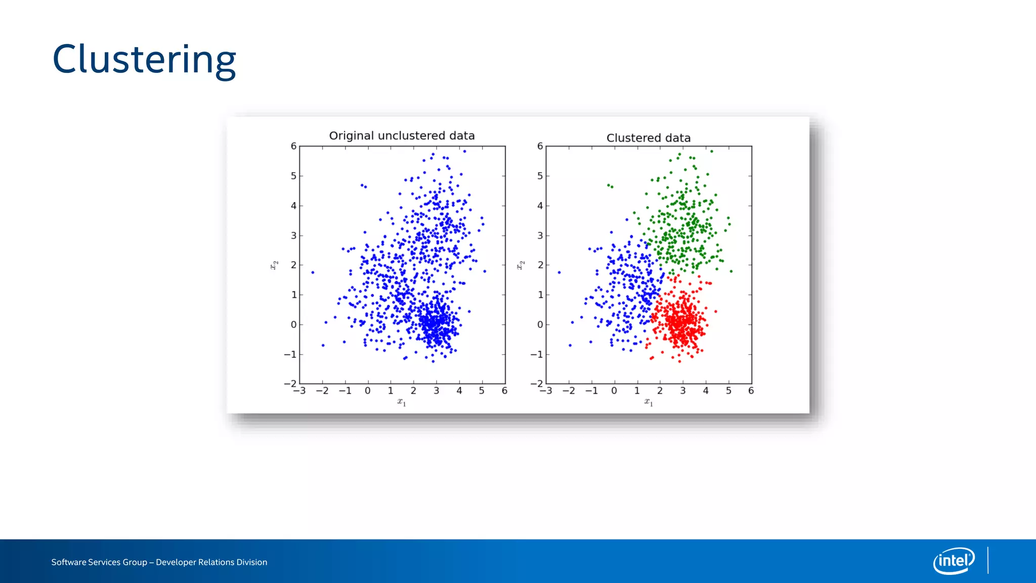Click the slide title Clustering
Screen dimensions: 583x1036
(x=144, y=60)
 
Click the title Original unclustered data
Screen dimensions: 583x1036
(x=402, y=136)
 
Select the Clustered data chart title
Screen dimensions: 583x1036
(x=648, y=138)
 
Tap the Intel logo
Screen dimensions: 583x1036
(x=954, y=561)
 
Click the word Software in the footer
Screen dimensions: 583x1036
(x=68, y=562)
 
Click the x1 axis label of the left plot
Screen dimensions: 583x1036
(x=402, y=402)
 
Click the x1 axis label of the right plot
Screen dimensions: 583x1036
(x=649, y=402)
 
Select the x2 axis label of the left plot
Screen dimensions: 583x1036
(x=274, y=265)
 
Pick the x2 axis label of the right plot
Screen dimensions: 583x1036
(x=521, y=265)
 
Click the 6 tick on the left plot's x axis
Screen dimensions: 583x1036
(x=504, y=391)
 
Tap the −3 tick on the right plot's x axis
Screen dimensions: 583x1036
(x=546, y=391)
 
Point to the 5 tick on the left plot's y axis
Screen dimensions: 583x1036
(x=293, y=176)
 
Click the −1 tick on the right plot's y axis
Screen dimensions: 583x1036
(x=537, y=354)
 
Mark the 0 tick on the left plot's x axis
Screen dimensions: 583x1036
(x=368, y=391)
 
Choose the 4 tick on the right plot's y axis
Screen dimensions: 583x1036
(x=540, y=205)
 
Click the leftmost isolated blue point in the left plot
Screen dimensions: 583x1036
(x=313, y=272)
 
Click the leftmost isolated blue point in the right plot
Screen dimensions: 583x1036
(x=559, y=272)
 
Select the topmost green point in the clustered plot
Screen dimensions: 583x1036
(x=711, y=151)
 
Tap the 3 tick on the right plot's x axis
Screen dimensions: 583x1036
(x=683, y=391)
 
